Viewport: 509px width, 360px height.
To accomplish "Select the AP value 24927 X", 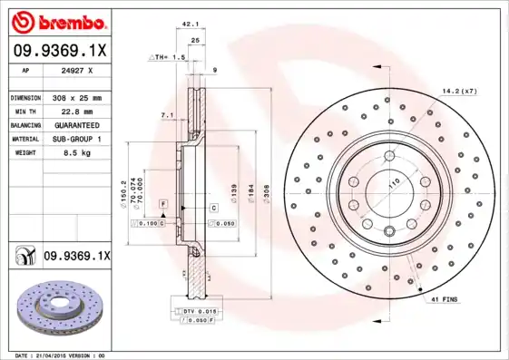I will click(77, 69).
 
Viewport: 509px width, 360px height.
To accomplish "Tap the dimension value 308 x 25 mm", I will click(77, 97).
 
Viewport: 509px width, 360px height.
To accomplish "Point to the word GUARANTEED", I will click(77, 124).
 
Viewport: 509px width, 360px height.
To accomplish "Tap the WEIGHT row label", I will click(25, 153).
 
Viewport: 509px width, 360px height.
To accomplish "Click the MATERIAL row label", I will click(25, 139).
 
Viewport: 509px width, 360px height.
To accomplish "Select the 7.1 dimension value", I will click(167, 115).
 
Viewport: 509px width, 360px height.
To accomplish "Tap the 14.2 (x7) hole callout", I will click(458, 91).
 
